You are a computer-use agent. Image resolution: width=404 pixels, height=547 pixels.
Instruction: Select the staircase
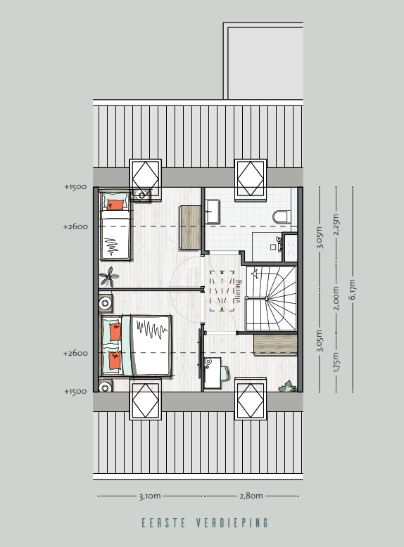tap(271, 296)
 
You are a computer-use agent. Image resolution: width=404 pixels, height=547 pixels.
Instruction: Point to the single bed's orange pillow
tap(116, 204)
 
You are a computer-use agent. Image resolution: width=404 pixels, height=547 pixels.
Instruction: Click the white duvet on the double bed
tap(151, 345)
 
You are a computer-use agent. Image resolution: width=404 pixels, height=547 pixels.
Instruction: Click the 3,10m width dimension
tap(149, 496)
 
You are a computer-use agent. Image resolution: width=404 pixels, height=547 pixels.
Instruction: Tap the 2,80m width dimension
tap(251, 496)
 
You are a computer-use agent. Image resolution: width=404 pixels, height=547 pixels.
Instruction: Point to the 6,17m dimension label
tap(353, 288)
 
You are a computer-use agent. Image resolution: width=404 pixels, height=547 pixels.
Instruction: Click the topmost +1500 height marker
tap(75, 187)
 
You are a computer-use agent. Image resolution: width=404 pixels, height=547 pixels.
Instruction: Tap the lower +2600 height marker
tap(75, 353)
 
